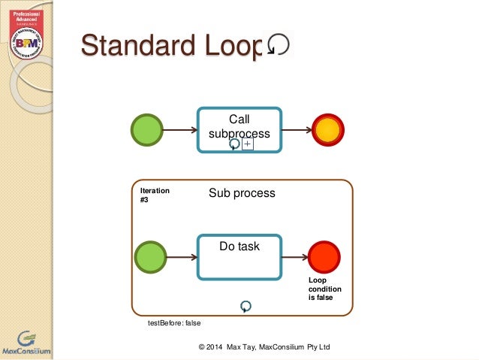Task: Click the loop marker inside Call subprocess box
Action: [x=234, y=144]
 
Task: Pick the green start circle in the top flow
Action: [x=147, y=130]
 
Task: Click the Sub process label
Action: [x=242, y=193]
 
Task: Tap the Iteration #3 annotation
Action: [x=155, y=195]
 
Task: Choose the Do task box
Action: [x=239, y=256]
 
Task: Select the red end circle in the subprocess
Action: [x=324, y=257]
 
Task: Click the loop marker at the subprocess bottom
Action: [x=246, y=306]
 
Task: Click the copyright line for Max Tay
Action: [x=264, y=346]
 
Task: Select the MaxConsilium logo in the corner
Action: [x=26, y=342]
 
